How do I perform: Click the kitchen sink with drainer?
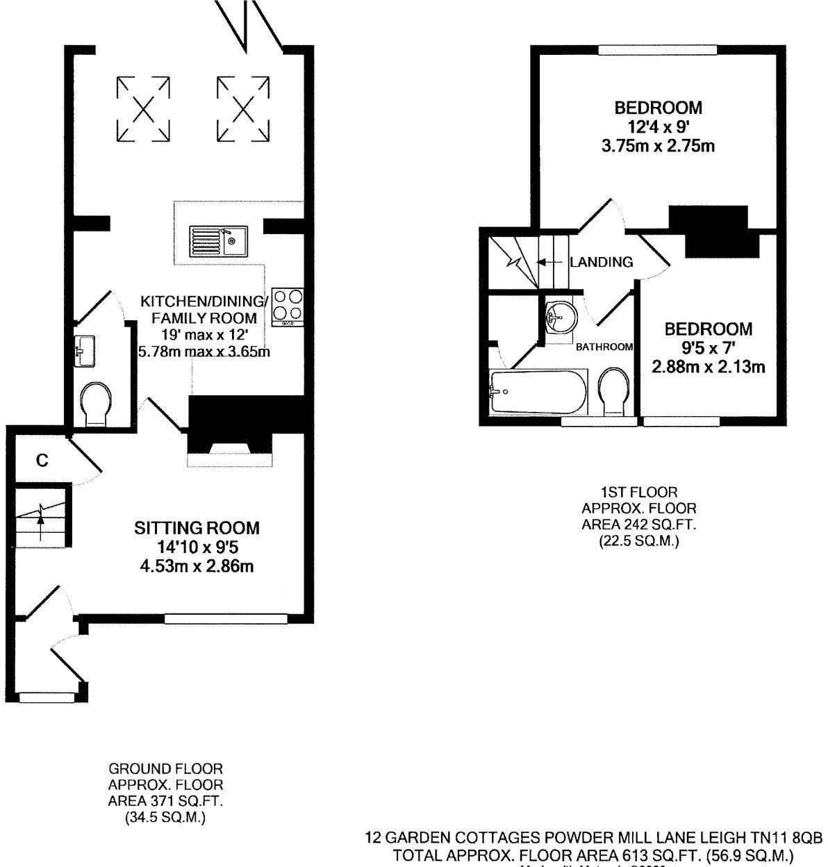[x=214, y=241]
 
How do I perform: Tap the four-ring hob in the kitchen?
[x=288, y=306]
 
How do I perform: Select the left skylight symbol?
[x=143, y=108]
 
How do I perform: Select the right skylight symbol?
[x=243, y=108]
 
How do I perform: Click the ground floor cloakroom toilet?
[x=95, y=405]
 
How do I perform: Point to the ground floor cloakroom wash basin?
[x=85, y=349]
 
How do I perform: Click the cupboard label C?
[x=42, y=460]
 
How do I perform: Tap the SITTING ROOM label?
[x=197, y=528]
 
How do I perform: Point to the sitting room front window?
[x=226, y=617]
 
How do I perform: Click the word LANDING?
[x=602, y=262]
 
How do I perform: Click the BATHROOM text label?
[x=604, y=347]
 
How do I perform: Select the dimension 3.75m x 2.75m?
[x=658, y=147]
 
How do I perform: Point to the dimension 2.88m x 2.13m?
[x=708, y=367]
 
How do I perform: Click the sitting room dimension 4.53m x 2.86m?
[x=197, y=567]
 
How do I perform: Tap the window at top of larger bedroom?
[x=657, y=49]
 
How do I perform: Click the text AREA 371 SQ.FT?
[x=165, y=800]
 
